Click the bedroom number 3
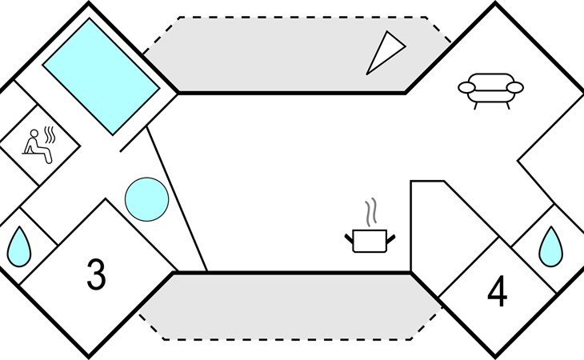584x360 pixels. tap(96, 274)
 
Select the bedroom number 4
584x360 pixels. tap(498, 290)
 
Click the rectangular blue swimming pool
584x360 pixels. tap(102, 76)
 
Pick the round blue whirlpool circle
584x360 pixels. tap(146, 199)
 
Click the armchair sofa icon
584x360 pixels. tap(490, 90)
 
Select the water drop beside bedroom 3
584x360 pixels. tap(19, 247)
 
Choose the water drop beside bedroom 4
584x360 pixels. tap(551, 246)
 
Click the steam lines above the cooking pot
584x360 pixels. tap(370, 212)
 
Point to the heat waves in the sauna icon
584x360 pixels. tap(50, 134)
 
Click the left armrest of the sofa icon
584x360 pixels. tap(466, 88)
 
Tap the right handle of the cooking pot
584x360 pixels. tap(391, 238)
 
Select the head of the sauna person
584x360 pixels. tap(34, 134)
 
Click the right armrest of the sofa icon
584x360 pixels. tap(515, 87)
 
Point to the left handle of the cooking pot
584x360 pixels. tap(349, 238)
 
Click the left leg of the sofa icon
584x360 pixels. tap(476, 106)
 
